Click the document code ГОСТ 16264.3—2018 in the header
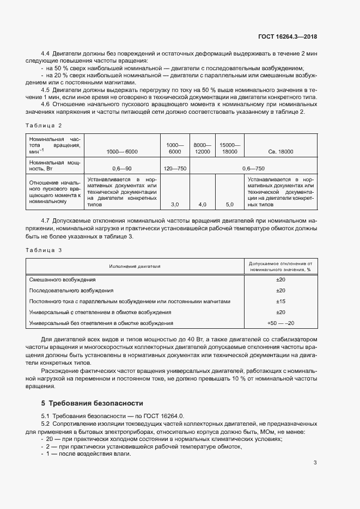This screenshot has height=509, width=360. [288, 37]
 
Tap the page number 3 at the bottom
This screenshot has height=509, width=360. [315, 463]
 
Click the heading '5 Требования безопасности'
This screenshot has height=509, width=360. [92, 403]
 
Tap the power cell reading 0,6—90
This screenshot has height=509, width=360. [122, 169]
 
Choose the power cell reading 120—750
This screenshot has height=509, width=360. [175, 169]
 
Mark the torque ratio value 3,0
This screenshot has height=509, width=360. [175, 205]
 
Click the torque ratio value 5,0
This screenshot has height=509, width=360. [229, 205]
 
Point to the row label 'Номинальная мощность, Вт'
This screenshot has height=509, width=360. [55, 165]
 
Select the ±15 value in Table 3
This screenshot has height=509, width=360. [280, 301]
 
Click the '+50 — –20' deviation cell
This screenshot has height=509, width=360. [280, 323]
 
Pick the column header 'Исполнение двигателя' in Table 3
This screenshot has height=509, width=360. [134, 266]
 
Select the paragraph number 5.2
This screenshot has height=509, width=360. [46, 424]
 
